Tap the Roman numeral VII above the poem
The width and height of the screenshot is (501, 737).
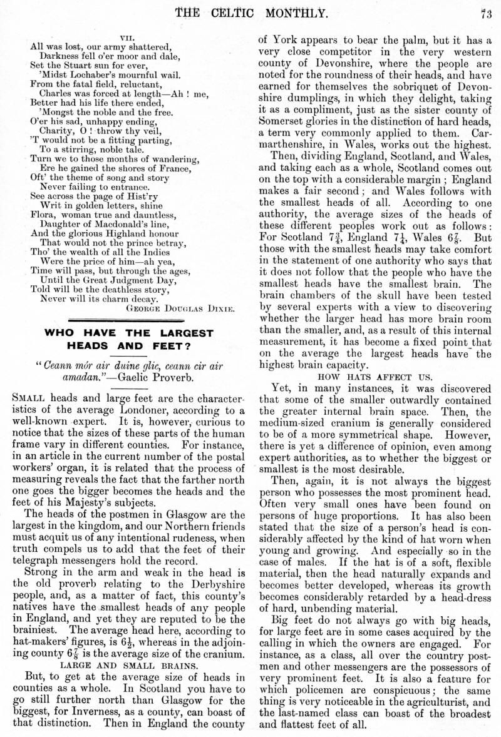coord(129,37)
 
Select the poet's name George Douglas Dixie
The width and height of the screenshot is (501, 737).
coord(180,308)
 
